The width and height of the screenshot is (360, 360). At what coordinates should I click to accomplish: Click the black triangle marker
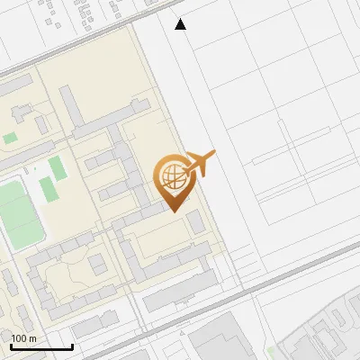pos(181,24)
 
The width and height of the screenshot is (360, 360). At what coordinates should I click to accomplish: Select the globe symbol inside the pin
pos(171,174)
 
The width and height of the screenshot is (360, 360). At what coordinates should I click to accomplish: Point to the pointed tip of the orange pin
pos(173,210)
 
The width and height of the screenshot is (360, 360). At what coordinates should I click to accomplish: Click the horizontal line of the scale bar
pos(41,346)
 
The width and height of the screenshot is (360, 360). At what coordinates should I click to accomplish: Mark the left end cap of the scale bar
pos(11,346)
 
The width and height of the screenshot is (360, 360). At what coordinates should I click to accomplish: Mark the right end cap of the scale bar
pos(72,346)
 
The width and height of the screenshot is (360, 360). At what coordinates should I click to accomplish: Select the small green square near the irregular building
pos(10,139)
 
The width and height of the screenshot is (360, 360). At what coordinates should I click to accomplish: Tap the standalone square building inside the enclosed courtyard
pos(96,264)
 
